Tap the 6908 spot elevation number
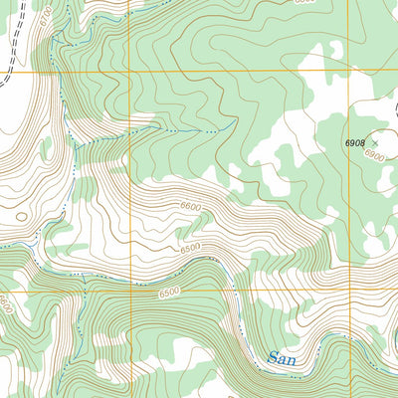356,143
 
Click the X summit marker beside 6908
375,143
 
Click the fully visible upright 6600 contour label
191,206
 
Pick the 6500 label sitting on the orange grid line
170,291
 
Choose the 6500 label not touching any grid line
192,247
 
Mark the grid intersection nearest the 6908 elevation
348,72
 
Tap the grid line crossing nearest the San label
348,291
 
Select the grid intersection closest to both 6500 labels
129,291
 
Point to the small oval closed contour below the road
20,213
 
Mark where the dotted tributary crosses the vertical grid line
129,133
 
